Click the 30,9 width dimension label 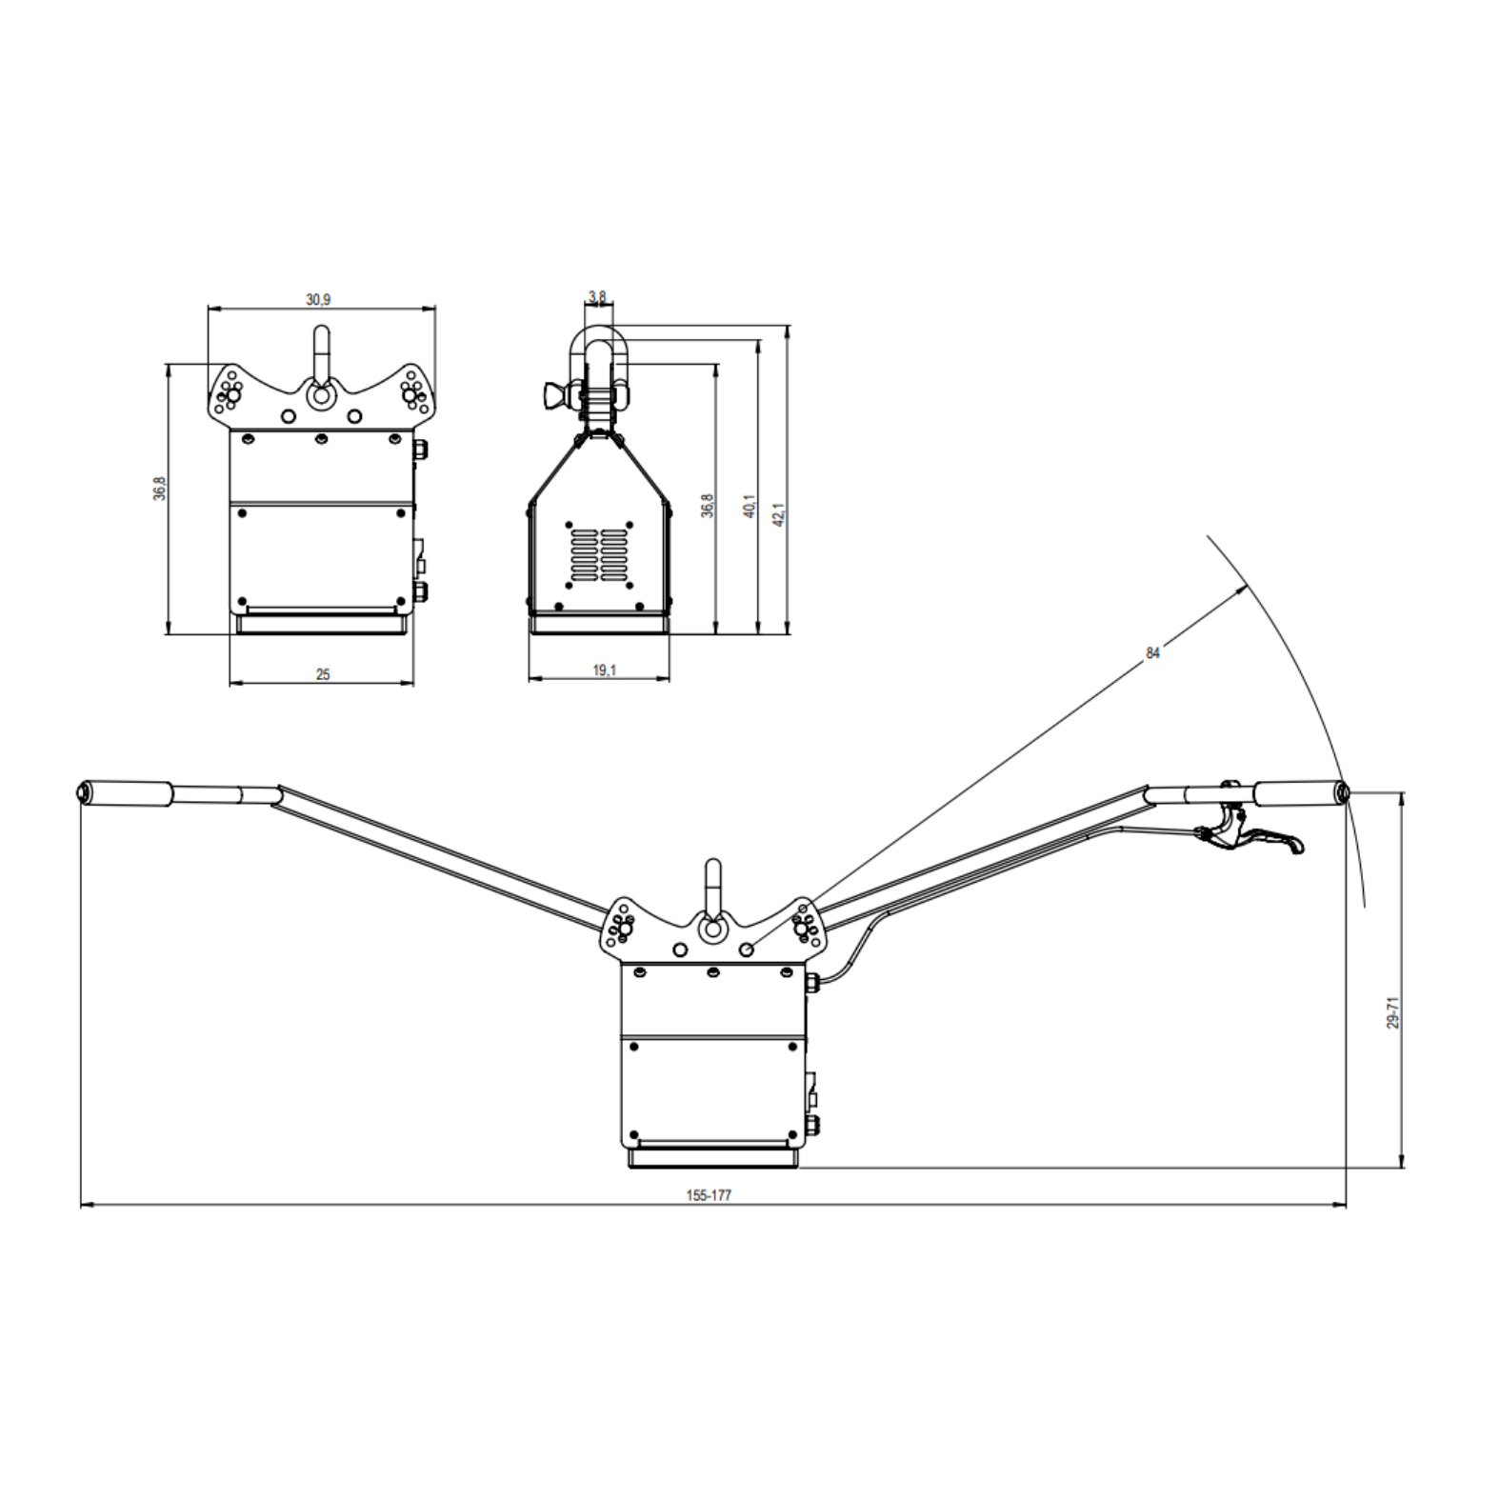tap(318, 299)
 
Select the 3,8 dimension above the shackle tap(597, 296)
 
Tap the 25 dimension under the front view tap(323, 674)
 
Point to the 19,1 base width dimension tap(605, 670)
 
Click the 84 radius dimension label tap(1153, 653)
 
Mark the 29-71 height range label tap(1392, 1012)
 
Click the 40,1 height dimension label tap(750, 506)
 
